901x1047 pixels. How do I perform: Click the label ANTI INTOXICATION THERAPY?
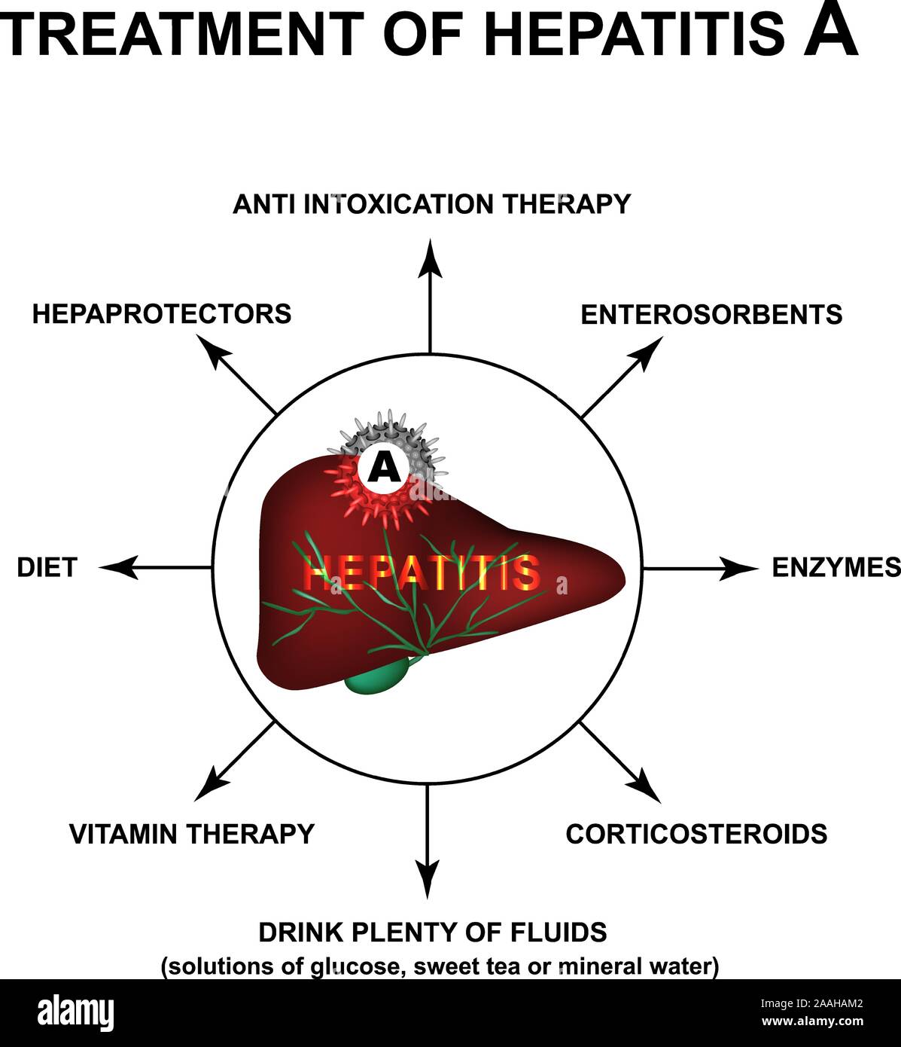tap(431, 204)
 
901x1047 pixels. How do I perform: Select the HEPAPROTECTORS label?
tap(161, 313)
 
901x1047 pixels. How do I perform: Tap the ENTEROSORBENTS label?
tap(711, 314)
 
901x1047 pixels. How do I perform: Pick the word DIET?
tap(47, 567)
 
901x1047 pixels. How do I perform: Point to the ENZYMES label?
tap(836, 567)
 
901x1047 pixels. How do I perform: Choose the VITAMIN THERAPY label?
tap(191, 834)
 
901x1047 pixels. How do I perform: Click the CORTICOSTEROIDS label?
tap(696, 834)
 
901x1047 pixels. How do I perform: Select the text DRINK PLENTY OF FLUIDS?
tap(432, 933)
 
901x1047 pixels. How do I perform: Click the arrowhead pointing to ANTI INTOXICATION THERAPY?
tap(430, 257)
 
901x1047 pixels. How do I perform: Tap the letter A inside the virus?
tap(384, 469)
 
